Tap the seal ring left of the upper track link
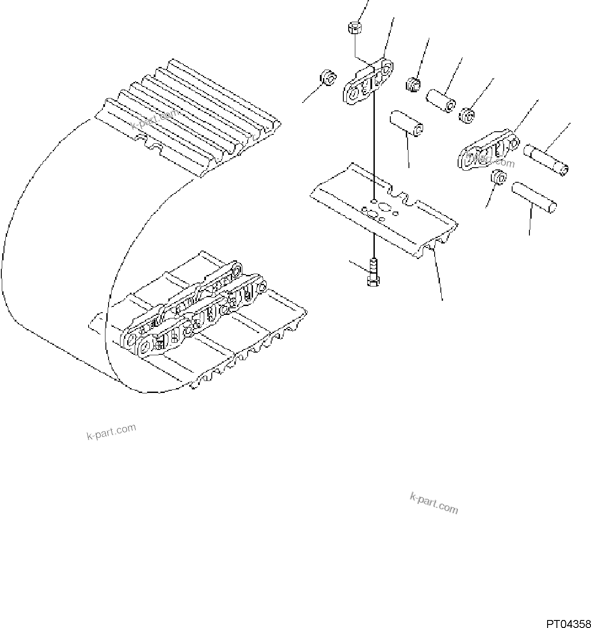tap(328, 78)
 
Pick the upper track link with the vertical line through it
tap(367, 83)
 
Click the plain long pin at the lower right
tap(533, 196)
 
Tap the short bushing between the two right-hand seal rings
tap(441, 101)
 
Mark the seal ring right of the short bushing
tap(467, 115)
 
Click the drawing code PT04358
tap(568, 623)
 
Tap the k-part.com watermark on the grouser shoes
tap(156, 119)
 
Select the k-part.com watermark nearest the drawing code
tap(434, 503)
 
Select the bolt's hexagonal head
tap(372, 281)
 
